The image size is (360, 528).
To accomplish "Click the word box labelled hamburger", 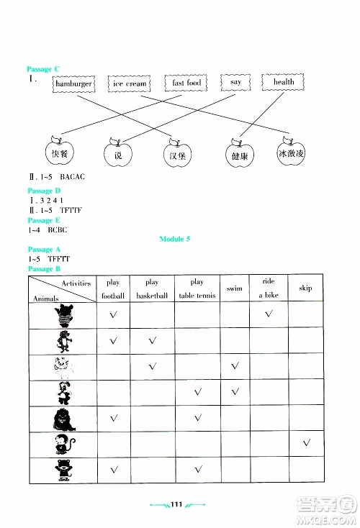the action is (73, 84).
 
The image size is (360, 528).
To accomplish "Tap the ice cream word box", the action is (130, 84).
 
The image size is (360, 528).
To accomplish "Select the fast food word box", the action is (186, 83).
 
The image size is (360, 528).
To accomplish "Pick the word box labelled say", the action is (235, 83).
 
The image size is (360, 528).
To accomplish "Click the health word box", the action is (284, 83).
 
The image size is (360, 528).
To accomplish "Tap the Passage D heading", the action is (40, 191).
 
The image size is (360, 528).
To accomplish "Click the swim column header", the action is (234, 288).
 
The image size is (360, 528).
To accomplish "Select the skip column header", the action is (305, 288).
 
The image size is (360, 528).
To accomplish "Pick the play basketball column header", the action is (152, 288).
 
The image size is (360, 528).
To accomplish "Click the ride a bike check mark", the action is (269, 314).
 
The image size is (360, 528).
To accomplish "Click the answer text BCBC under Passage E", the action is (57, 229).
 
